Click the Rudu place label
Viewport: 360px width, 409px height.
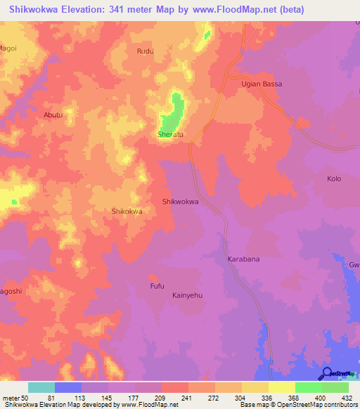145,51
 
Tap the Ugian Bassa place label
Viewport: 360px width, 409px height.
263,84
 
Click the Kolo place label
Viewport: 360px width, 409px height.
334,178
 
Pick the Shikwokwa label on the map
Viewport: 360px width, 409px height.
181,202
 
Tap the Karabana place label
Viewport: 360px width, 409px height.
243,259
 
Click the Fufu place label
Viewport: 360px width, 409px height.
157,286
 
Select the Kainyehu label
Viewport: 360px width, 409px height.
188,296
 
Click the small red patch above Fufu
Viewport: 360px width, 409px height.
152,276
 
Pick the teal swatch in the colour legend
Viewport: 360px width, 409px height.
41,387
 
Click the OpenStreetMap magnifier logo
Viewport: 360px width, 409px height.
327,374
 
